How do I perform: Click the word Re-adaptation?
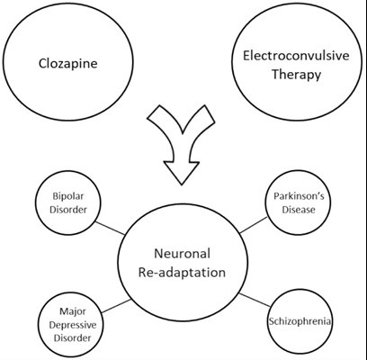coord(183,270)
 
